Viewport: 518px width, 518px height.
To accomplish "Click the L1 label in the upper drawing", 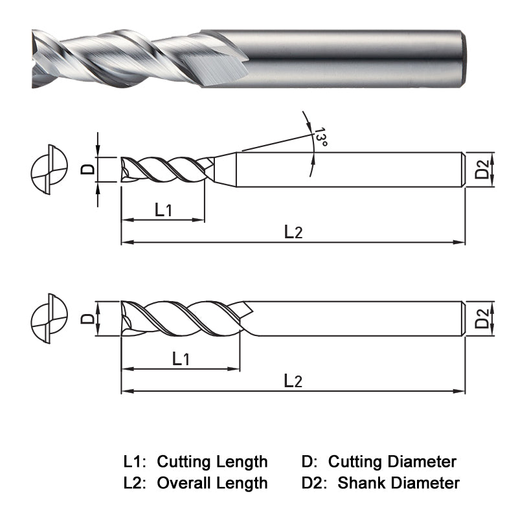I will click(x=163, y=209).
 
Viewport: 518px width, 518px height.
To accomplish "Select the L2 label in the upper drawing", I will click(x=293, y=232).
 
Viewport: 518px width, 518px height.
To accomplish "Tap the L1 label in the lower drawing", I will click(x=181, y=358).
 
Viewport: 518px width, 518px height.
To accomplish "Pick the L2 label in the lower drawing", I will click(x=293, y=381).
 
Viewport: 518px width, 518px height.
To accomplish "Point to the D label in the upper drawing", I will click(x=89, y=170).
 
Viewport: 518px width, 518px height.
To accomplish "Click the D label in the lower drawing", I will click(x=87, y=319).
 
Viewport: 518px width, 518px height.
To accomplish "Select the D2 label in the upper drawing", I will click(x=482, y=170).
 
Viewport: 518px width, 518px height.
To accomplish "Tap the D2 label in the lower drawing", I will click(x=482, y=319).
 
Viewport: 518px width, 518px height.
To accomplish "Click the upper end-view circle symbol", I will click(x=49, y=170).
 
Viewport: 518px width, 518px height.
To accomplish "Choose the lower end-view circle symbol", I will click(x=49, y=319).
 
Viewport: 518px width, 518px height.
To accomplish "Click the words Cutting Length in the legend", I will click(x=212, y=462).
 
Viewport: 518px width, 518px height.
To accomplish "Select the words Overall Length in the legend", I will click(x=212, y=482).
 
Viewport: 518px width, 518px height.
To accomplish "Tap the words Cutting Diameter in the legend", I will click(x=392, y=462).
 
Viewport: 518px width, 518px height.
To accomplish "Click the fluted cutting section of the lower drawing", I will click(x=181, y=319).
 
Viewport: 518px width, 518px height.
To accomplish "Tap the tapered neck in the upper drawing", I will click(x=224, y=170).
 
